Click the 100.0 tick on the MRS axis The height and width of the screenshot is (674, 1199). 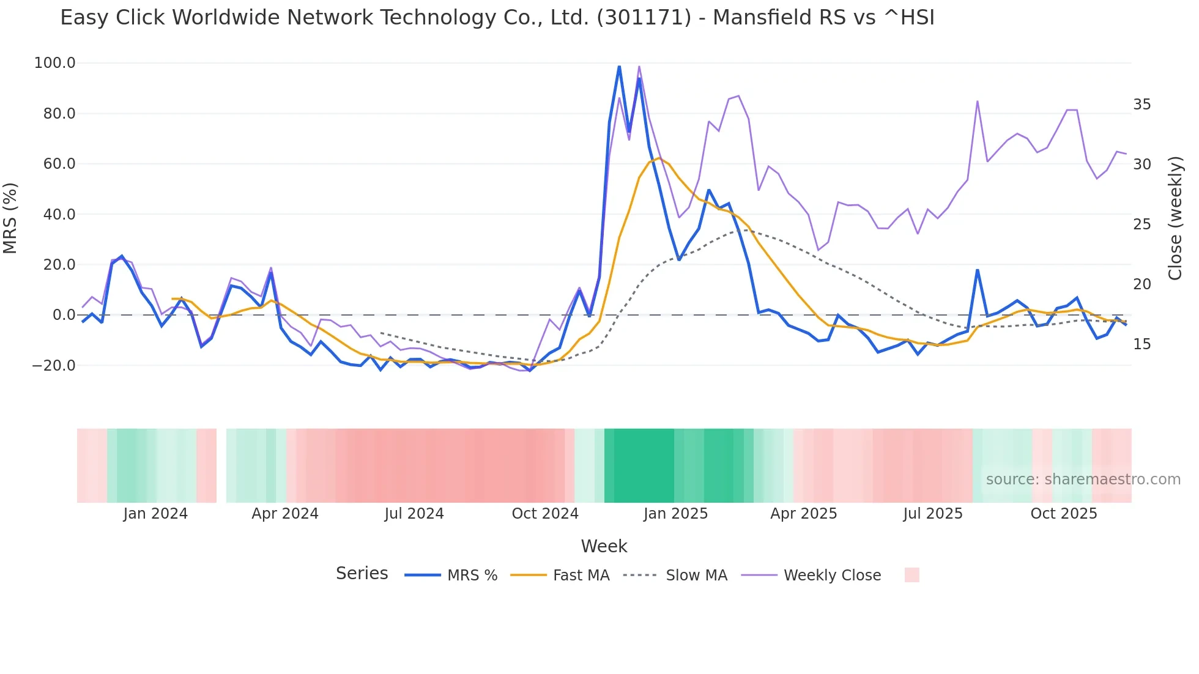tap(54, 63)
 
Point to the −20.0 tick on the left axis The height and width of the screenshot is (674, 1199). tap(53, 366)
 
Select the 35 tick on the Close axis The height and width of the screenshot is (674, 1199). tap(1141, 105)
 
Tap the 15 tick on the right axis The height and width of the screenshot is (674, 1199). tap(1141, 344)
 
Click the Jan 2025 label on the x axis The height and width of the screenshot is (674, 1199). tap(675, 514)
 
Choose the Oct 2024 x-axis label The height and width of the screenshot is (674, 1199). tap(545, 514)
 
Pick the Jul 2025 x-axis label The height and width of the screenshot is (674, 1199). tap(932, 514)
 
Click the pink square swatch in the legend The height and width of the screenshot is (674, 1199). tap(911, 575)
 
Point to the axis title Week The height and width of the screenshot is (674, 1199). tap(604, 546)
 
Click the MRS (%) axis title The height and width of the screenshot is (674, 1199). tap(10, 218)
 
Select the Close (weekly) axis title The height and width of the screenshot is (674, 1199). tap(1175, 218)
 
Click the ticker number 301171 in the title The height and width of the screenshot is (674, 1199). tap(644, 18)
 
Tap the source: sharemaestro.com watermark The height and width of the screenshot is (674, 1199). tap(1083, 480)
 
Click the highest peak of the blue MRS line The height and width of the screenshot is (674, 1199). tap(619, 66)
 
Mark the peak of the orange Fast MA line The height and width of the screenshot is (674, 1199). tap(659, 158)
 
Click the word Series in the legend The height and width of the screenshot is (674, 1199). tap(362, 574)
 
